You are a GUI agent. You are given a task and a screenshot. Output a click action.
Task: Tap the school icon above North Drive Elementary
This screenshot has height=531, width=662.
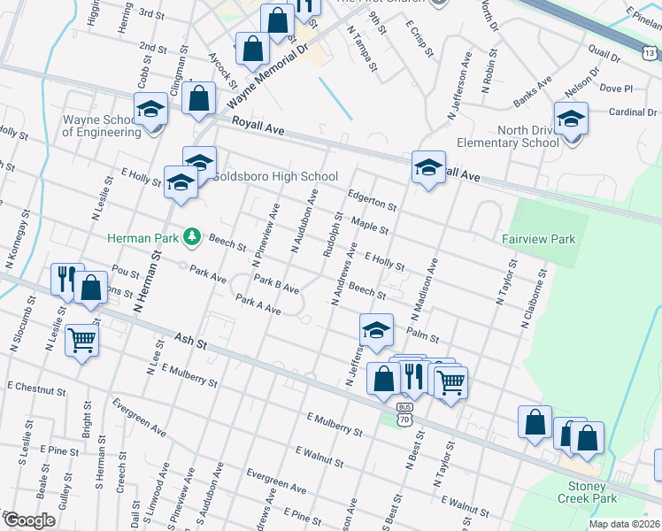click(571, 119)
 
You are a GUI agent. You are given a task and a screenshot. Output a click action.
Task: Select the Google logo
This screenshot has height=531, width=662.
click(28, 519)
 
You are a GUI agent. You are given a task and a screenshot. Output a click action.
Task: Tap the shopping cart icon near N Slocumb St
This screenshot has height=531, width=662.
click(81, 338)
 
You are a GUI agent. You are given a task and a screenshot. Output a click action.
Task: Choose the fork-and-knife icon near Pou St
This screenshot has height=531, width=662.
click(66, 279)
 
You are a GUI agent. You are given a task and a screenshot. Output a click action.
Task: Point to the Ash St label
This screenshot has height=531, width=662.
click(189, 345)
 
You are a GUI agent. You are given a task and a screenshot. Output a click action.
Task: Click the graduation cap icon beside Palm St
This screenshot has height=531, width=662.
click(376, 330)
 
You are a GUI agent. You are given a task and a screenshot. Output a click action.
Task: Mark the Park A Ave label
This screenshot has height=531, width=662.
click(258, 305)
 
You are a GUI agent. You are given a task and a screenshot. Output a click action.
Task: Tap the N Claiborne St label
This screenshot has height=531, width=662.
click(535, 305)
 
